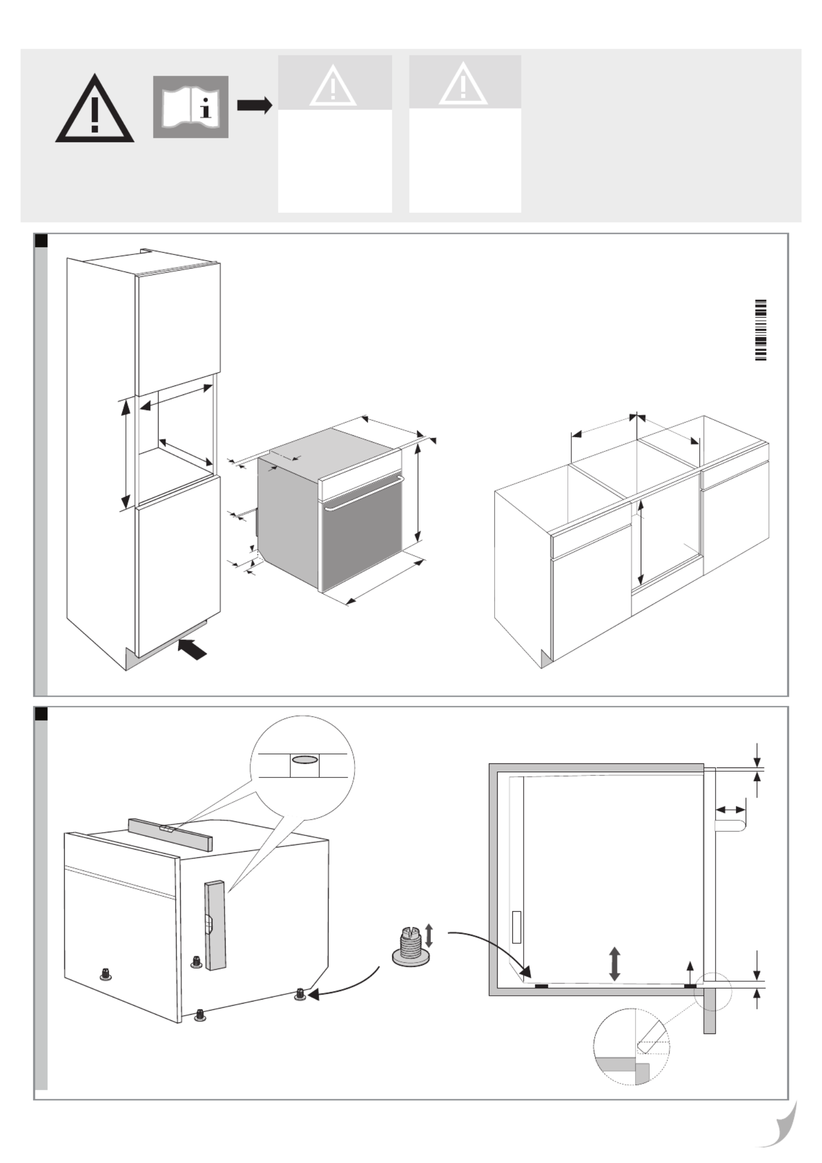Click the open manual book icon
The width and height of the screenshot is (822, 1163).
(x=190, y=107)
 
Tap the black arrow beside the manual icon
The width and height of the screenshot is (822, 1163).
(x=254, y=105)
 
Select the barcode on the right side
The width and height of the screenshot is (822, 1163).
(x=760, y=330)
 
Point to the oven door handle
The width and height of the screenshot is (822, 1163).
(x=363, y=494)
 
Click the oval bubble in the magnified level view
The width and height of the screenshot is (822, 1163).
(x=305, y=759)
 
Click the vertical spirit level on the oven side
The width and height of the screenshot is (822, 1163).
(x=216, y=925)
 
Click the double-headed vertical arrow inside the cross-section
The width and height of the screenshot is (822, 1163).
(x=614, y=963)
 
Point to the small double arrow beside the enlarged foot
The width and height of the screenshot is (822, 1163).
(x=429, y=935)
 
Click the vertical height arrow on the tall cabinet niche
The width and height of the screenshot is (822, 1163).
(x=125, y=453)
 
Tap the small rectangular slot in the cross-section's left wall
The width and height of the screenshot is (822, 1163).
(x=516, y=927)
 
